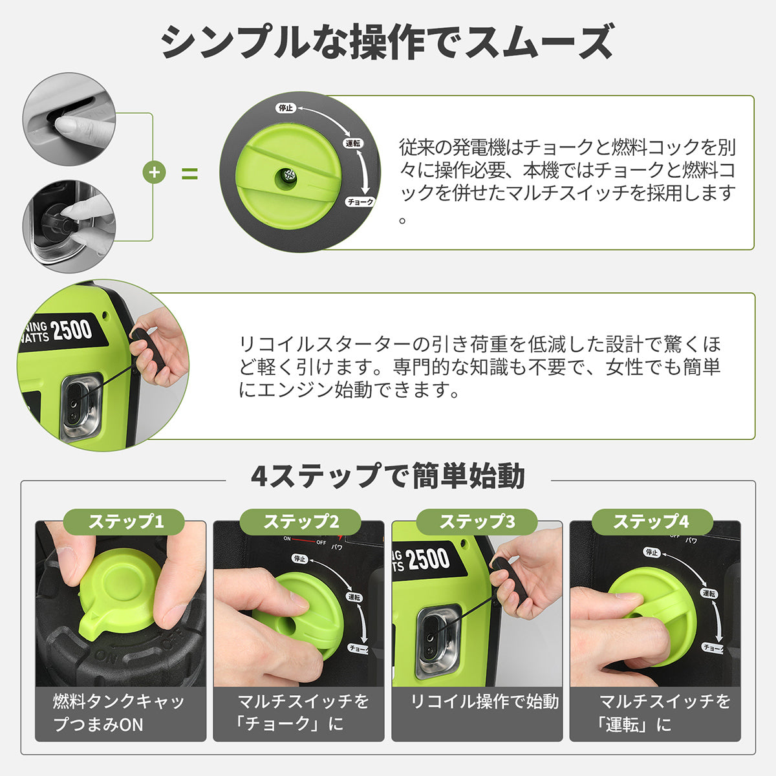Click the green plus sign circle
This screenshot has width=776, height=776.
[155, 173]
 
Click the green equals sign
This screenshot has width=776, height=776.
[189, 173]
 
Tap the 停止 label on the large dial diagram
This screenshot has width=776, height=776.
[286, 108]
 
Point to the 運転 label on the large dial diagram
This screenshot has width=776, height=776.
[353, 144]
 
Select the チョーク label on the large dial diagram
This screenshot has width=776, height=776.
[360, 202]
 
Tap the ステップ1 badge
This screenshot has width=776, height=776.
[124, 522]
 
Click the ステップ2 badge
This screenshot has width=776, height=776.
[301, 522]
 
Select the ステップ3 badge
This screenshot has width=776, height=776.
[477, 522]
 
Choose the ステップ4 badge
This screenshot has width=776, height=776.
[652, 522]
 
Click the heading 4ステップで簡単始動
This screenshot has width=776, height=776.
[388, 476]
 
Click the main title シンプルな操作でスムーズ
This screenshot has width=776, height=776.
[388, 42]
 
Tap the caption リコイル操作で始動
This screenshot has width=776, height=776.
[484, 702]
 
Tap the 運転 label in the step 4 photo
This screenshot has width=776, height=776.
[709, 593]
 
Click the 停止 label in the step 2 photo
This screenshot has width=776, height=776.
[299, 559]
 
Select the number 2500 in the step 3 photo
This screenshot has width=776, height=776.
[427, 559]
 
